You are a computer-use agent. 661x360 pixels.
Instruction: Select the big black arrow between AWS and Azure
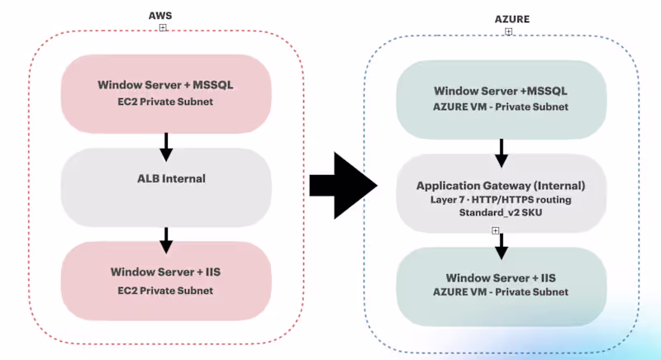pos(342,185)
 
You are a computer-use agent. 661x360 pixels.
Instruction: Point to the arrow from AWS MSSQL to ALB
pos(165,146)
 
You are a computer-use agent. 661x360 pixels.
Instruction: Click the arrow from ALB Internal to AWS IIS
pos(165,240)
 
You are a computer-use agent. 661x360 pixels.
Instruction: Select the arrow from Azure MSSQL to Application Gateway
pos(501,152)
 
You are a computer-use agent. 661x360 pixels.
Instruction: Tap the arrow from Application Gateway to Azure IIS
pos(501,246)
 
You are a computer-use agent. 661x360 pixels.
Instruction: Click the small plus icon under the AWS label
pos(163,27)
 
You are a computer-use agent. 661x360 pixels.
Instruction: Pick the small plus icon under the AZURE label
pos(508,31)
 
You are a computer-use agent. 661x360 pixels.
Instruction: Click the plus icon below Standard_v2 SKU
pos(495,230)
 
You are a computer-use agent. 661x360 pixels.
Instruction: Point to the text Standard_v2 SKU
pos(501,213)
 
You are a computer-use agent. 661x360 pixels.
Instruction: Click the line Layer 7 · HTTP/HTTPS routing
pos(501,199)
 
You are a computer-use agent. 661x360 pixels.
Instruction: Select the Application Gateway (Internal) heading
pos(501,185)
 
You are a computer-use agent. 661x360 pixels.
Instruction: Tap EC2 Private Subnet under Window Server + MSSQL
pos(165,101)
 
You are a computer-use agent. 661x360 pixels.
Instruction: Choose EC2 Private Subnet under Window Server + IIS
pos(165,290)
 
